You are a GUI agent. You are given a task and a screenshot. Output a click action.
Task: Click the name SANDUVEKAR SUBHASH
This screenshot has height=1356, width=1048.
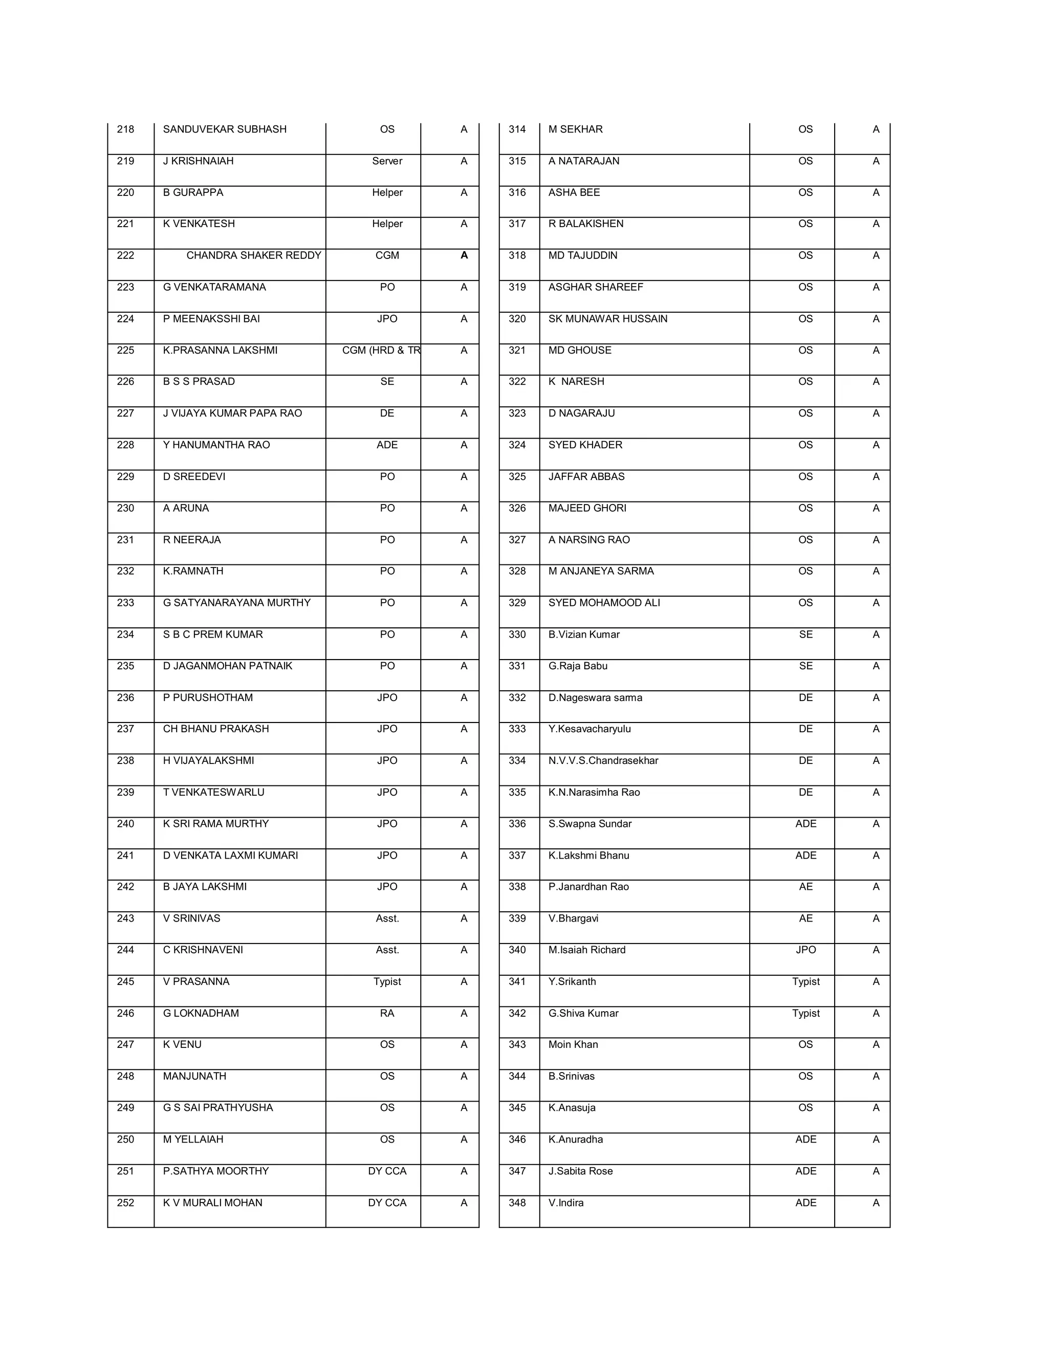click(224, 129)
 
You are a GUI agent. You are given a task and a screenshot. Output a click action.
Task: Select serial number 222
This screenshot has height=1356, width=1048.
click(125, 255)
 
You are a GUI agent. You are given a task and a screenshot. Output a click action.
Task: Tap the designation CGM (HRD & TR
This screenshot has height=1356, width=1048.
click(380, 350)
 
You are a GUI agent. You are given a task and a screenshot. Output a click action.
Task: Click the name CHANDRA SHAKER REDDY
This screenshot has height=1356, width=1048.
click(253, 255)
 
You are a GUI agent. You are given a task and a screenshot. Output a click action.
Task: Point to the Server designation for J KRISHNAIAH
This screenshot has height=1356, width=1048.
click(387, 161)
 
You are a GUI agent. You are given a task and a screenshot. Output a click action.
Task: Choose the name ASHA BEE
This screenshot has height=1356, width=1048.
click(574, 192)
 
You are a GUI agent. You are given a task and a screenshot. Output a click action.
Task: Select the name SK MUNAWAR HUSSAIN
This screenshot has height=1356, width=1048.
click(607, 318)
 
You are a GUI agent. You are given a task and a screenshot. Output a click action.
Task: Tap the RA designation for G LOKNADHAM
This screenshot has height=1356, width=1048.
click(387, 1013)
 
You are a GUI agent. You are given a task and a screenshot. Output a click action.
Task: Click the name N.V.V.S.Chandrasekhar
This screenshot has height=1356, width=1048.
click(603, 760)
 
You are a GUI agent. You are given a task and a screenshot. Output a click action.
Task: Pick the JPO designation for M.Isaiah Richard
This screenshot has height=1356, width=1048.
click(805, 950)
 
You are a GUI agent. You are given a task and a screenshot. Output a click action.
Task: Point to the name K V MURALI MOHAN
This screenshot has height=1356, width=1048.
click(212, 1202)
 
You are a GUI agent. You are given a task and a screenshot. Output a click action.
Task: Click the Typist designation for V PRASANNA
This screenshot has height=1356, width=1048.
click(387, 981)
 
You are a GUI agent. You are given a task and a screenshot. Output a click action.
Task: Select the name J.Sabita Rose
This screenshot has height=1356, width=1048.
click(580, 1171)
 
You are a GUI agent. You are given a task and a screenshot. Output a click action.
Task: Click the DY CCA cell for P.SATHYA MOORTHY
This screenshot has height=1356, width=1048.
click(387, 1171)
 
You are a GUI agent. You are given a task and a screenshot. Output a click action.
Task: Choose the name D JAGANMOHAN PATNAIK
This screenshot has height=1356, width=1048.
click(227, 666)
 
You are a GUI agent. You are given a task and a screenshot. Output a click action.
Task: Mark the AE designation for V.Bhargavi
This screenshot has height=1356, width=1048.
click(805, 918)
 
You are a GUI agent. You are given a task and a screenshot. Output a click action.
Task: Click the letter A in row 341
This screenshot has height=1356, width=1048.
click(876, 981)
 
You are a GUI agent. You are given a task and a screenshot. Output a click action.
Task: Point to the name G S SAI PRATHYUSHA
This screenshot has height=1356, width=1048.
click(217, 1108)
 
